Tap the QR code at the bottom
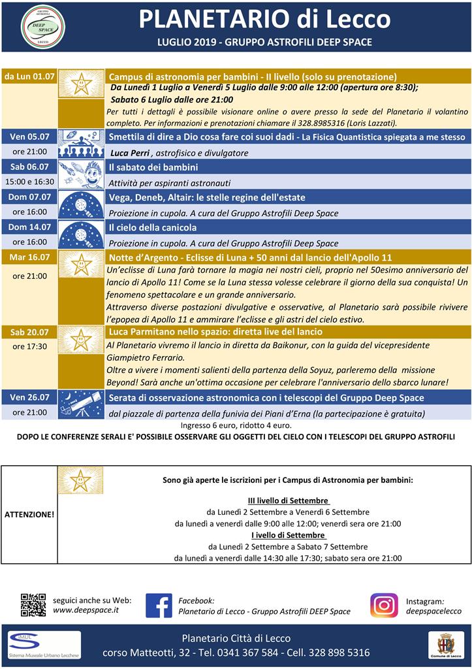pos(33,605)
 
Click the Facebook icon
pos(159,606)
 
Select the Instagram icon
pos(384,606)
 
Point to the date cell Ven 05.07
pos(29,137)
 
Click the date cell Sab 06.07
pos(29,167)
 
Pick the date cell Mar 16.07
pos(29,257)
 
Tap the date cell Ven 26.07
pos(29,397)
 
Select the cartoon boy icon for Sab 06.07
pos(81,174)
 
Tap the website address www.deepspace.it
pos(86,610)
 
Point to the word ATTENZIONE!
pos(29,514)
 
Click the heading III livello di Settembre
pos(287,500)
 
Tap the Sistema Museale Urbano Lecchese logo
pos(44,645)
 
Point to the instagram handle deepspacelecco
pos(433,611)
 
